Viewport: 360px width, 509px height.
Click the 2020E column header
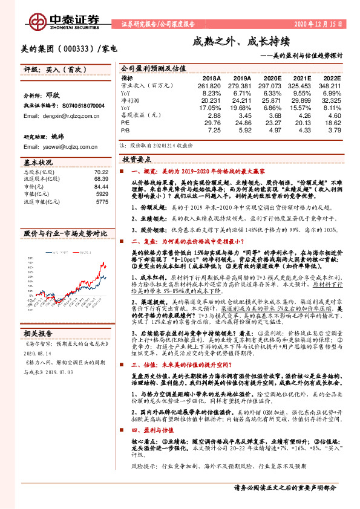(269, 79)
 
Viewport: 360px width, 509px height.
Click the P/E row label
(125, 122)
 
